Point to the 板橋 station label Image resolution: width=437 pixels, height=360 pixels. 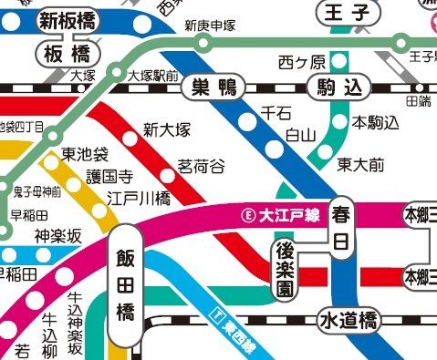(x=70, y=54)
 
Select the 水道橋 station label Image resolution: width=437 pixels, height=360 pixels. (x=349, y=321)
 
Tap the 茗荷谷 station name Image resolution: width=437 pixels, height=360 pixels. (x=201, y=167)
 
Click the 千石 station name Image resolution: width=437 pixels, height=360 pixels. (x=276, y=112)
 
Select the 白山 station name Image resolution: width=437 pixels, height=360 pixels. (x=300, y=135)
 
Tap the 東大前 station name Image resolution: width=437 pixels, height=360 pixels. (x=360, y=165)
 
